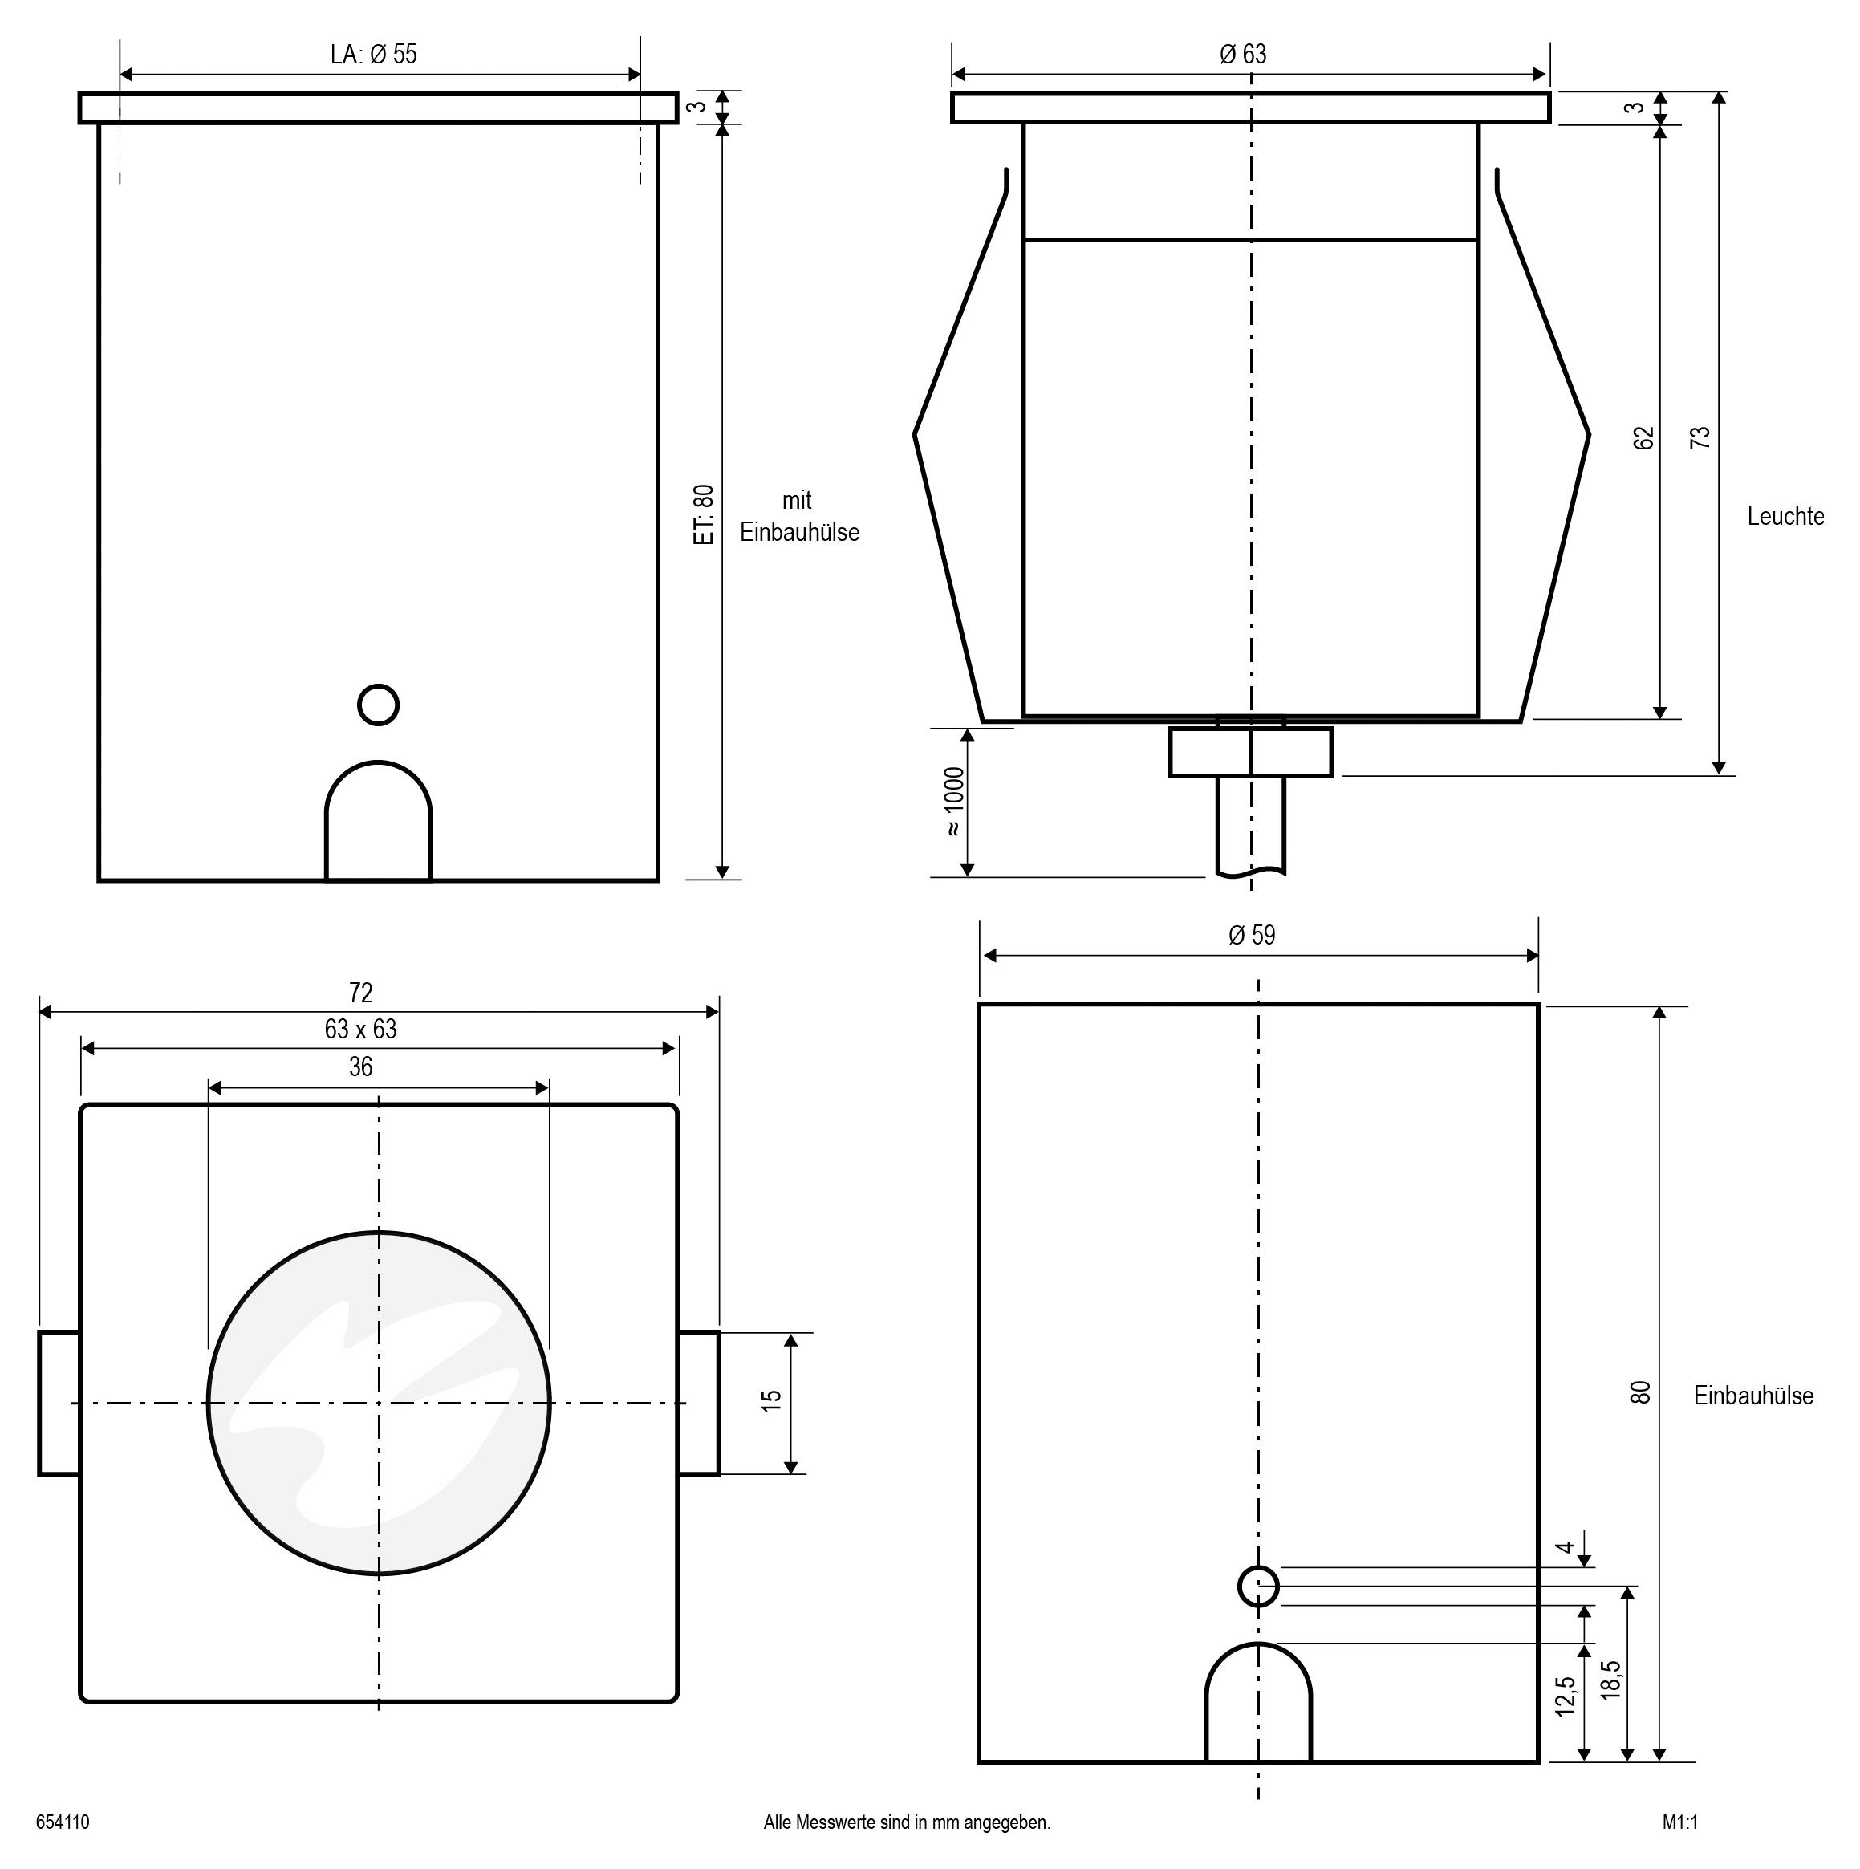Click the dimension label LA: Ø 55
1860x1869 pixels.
(373, 55)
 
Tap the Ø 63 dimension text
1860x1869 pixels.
(1243, 55)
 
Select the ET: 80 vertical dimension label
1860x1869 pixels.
(705, 514)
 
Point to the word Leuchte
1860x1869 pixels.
(1785, 517)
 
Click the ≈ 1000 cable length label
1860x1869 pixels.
(954, 801)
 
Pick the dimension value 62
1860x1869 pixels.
(1643, 437)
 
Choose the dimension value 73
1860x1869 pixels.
(1700, 437)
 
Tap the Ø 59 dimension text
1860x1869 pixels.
(1252, 936)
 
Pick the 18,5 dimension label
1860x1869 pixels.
(1610, 1680)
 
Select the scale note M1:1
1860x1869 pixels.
(1680, 1822)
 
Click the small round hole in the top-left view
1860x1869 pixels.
(378, 705)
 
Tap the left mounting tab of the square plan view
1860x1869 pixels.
(59, 1403)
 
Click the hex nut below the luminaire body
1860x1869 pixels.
(1251, 753)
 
